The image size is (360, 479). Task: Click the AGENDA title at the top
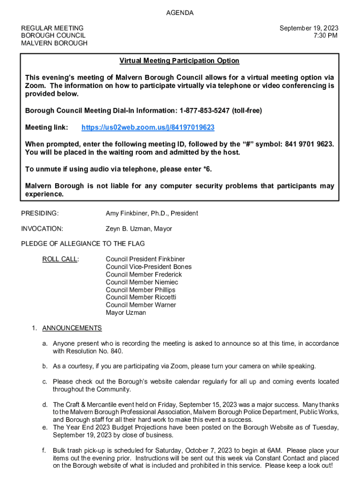[x=180, y=13]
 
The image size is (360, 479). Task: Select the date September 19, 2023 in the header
[x=309, y=28]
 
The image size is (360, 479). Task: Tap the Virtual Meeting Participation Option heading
[x=179, y=61]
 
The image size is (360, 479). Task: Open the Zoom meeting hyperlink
[x=148, y=127]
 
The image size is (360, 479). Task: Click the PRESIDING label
[x=40, y=213]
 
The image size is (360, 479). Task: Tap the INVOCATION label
[x=42, y=229]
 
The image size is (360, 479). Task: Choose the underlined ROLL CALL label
[x=60, y=259]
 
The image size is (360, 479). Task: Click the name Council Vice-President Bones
[x=148, y=267]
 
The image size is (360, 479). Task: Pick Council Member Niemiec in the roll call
[x=142, y=282]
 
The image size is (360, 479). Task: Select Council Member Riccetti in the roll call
[x=141, y=297]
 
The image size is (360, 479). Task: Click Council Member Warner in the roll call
[x=141, y=305]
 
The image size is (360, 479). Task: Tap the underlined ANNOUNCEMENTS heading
[x=72, y=328]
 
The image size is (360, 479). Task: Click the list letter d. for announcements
[x=45, y=405]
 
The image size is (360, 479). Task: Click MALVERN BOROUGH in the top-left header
[x=54, y=43]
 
